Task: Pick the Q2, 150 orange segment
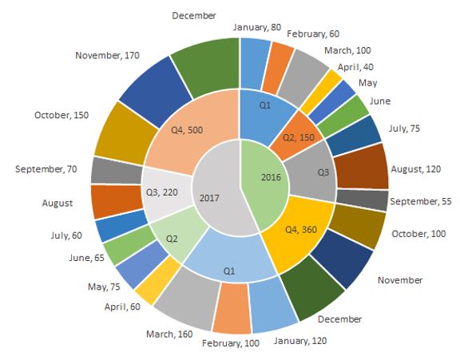(296, 136)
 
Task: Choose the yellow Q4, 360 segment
(299, 231)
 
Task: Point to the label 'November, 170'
(107, 55)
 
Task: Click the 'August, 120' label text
(416, 169)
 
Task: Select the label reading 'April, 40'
(355, 67)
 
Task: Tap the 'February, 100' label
(231, 343)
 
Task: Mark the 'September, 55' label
(420, 201)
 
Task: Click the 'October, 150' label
(61, 115)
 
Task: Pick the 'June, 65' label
(87, 258)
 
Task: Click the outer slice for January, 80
(255, 64)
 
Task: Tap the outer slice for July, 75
(354, 136)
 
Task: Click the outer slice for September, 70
(117, 171)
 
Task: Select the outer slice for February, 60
(278, 67)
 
